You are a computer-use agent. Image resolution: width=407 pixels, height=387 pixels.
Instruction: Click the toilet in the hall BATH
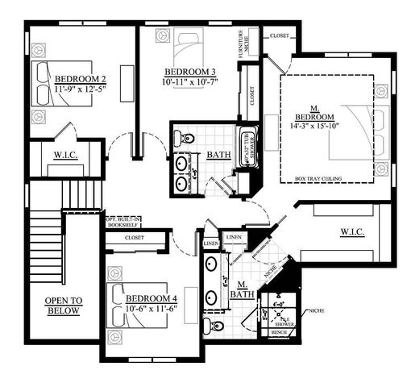tap(188, 138)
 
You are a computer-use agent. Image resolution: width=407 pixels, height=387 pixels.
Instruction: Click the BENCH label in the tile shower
tap(279, 331)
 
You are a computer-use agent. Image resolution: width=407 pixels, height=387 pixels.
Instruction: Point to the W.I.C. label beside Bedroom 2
tap(66, 154)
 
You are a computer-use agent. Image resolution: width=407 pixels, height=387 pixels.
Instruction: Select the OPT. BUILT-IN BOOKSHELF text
tap(124, 219)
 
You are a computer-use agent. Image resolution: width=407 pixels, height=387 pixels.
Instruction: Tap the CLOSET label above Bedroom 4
tap(135, 238)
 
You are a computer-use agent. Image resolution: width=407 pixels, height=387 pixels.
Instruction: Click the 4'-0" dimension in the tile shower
tap(279, 305)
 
